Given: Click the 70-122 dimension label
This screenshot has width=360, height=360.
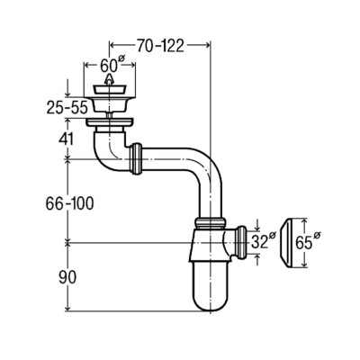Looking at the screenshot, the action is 160,46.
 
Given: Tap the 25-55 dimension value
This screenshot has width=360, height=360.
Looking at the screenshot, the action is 67,107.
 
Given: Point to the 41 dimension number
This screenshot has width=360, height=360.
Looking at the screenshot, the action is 67,139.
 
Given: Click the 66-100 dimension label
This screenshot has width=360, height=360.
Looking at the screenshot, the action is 69,203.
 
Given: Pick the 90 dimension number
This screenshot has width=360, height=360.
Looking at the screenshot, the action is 67,278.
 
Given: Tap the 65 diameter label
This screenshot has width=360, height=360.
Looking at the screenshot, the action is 308,241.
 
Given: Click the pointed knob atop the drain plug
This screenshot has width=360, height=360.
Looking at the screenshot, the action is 109,79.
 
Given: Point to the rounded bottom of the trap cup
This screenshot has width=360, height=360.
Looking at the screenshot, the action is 211,302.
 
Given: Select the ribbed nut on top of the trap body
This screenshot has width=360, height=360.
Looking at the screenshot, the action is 210,223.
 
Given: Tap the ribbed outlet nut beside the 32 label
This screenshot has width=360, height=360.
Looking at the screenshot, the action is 241,242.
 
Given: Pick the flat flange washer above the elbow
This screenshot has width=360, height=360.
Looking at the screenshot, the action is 110,121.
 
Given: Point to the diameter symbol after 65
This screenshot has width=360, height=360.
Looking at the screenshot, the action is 317,235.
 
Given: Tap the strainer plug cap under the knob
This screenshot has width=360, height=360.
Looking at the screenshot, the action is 109,89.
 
